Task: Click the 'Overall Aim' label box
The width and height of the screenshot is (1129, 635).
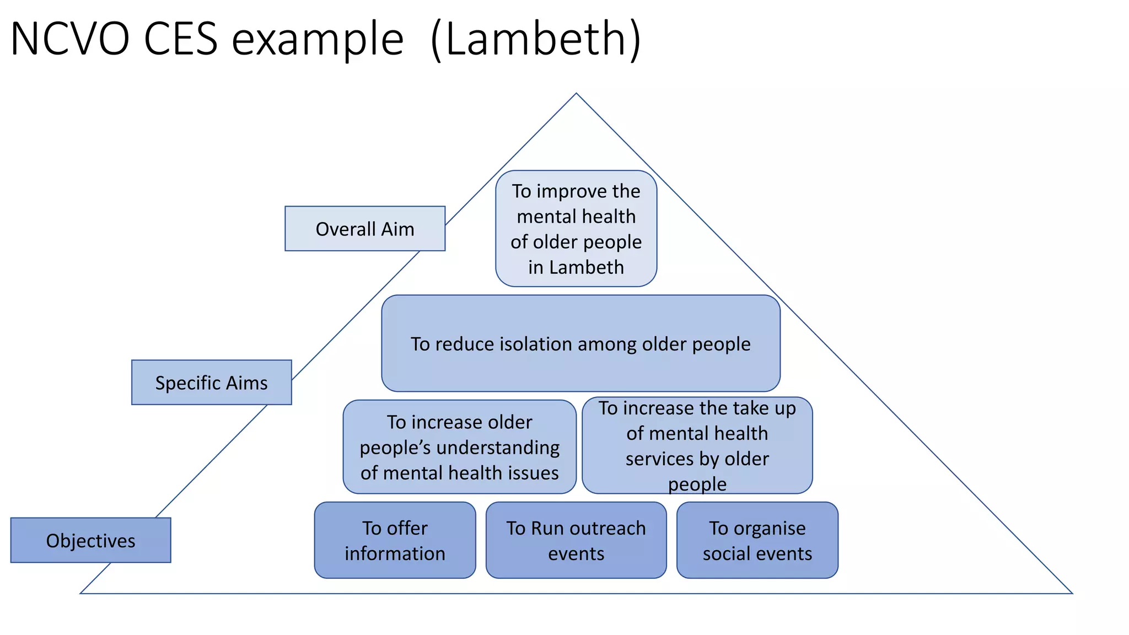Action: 364,229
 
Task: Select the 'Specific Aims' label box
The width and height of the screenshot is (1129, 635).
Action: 211,383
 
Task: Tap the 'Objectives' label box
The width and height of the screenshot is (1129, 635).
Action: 90,540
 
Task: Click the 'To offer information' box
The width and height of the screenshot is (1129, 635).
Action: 395,540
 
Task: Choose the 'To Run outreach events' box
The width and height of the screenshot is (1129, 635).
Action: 576,540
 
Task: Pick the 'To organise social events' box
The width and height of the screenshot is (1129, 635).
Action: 757,540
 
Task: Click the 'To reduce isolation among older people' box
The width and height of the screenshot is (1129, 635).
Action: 580,343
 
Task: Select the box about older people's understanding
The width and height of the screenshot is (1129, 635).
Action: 459,447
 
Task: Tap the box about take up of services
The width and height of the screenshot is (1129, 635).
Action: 697,445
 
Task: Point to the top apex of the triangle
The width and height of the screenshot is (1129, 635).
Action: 576,94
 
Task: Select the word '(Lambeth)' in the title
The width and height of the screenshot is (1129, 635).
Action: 535,39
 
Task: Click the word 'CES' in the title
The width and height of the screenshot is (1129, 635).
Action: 180,39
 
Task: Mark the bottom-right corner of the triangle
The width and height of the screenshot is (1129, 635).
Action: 1072,593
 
